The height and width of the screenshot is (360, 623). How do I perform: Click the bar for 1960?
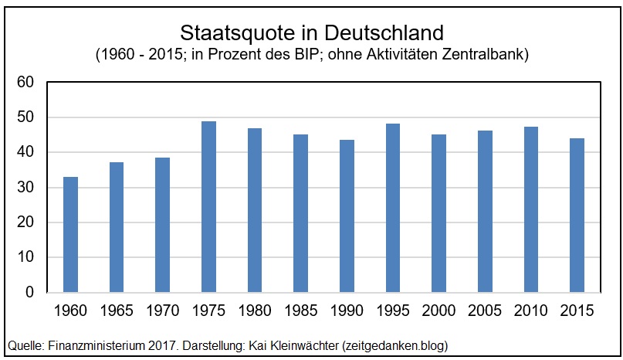[x=70, y=235]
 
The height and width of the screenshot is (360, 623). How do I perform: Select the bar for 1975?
[x=208, y=207]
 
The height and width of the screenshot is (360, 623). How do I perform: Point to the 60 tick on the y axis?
[x=25, y=83]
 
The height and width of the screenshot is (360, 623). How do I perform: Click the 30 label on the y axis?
[x=25, y=188]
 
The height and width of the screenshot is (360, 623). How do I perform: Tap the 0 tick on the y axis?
[x=29, y=293]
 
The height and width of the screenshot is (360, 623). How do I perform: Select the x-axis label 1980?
[x=255, y=311]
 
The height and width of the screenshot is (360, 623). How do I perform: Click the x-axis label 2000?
[x=438, y=311]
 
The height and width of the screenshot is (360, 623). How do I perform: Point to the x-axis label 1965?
[x=117, y=311]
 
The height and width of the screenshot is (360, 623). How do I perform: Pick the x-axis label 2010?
[x=531, y=311]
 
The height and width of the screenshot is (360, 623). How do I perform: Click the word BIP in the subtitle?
[x=319, y=56]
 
